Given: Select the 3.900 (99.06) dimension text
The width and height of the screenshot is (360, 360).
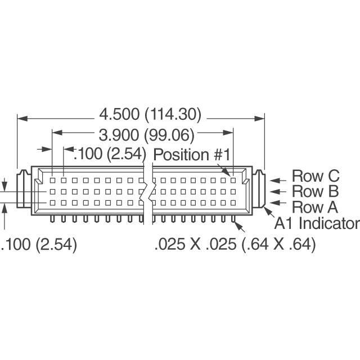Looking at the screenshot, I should pyautogui.click(x=146, y=135).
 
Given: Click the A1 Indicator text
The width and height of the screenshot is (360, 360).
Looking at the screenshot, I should pyautogui.click(x=316, y=223).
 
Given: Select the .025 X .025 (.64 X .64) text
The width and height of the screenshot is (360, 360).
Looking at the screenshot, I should pyautogui.click(x=235, y=245).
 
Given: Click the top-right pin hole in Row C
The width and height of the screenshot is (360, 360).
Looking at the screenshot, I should pyautogui.click(x=233, y=181).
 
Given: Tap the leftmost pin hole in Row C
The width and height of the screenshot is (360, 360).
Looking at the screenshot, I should pyautogui.click(x=52, y=181).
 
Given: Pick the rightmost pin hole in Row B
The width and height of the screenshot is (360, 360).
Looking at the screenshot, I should pyautogui.click(x=233, y=192).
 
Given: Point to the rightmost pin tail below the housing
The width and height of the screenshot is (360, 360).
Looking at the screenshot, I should pyautogui.click(x=233, y=218).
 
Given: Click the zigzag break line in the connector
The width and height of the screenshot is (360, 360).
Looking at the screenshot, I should pyautogui.click(x=147, y=191).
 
